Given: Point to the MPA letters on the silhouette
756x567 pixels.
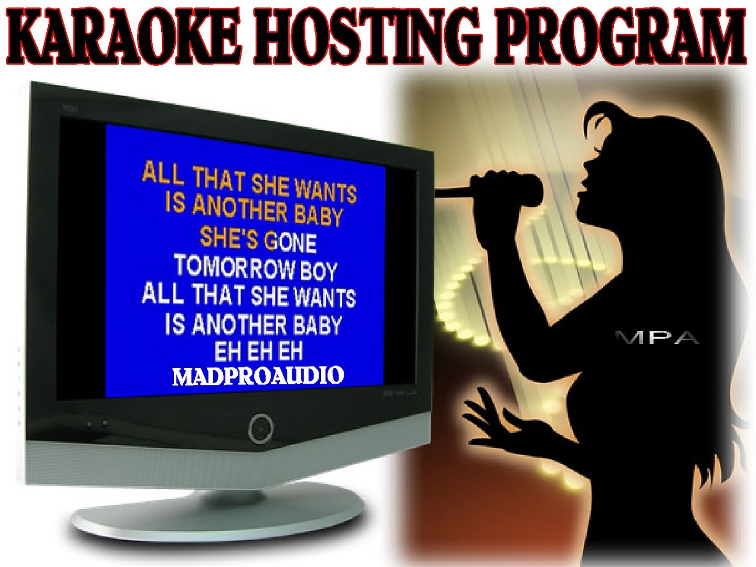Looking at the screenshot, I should [x=657, y=338].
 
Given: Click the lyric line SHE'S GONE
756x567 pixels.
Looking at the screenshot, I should [x=258, y=240].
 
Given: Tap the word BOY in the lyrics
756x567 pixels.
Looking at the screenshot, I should [x=319, y=271].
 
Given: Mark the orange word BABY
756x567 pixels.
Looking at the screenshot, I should [x=318, y=215].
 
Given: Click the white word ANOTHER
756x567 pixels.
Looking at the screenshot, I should [x=239, y=324].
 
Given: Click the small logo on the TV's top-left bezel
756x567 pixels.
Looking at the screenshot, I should [x=70, y=108].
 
